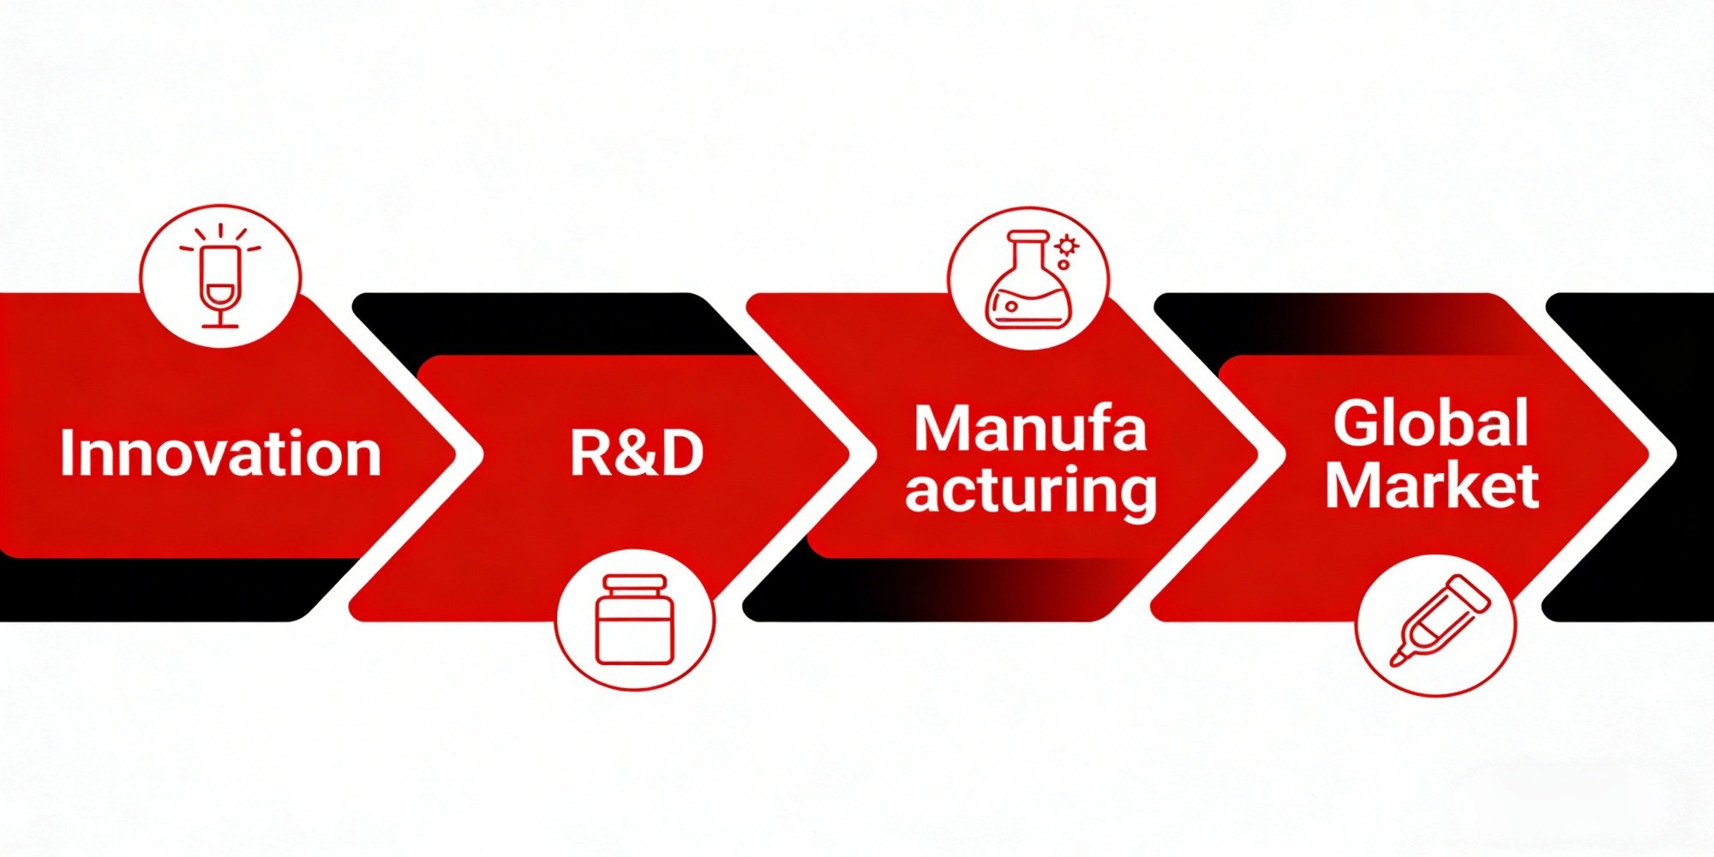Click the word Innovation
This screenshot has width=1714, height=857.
tap(220, 453)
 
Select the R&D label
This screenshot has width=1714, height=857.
tap(636, 453)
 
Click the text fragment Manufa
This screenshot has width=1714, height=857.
tap(1029, 428)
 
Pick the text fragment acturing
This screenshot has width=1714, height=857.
tap(1031, 491)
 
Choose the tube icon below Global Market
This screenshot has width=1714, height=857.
tap(1437, 621)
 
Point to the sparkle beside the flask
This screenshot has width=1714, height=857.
tap(1067, 247)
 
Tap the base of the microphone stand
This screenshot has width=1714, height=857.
tap(220, 324)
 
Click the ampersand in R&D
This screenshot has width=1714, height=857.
tap(635, 453)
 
